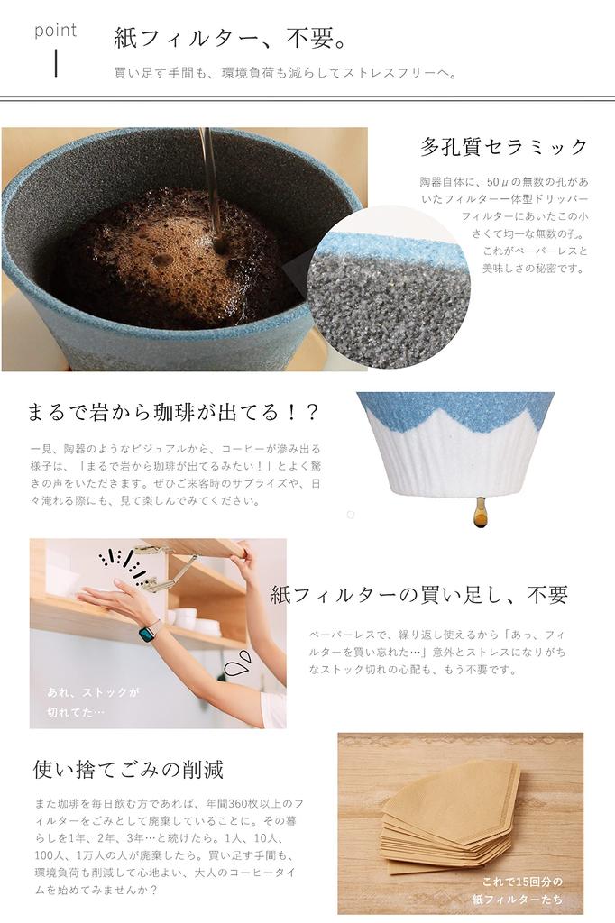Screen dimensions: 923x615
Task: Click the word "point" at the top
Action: (x=56, y=31)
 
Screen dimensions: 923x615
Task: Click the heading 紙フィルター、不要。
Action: (x=230, y=39)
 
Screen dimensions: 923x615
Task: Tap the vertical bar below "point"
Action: (x=57, y=63)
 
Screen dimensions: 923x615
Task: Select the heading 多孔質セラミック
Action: (x=503, y=147)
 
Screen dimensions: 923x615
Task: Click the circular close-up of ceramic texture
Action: (x=389, y=287)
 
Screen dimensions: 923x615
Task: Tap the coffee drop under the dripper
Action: (x=480, y=513)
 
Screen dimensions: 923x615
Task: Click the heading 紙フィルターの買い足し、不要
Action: (x=419, y=595)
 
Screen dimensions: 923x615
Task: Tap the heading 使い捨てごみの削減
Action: (x=128, y=769)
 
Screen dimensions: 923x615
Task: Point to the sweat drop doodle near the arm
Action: (x=237, y=665)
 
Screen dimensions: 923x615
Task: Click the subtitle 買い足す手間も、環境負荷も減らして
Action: (x=285, y=73)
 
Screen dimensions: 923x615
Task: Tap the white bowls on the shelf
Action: (x=193, y=619)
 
